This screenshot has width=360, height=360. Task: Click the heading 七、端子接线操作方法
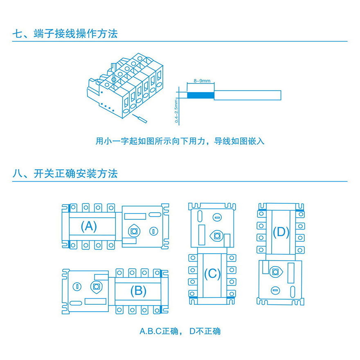65,33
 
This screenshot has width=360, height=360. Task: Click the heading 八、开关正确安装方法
65,173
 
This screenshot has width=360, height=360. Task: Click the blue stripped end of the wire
200,95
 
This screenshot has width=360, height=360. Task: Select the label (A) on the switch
89,226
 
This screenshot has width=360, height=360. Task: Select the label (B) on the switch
138,290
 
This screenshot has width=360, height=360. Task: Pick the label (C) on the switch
212,273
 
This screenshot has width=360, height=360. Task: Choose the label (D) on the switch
281,232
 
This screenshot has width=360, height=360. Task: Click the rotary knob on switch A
134,231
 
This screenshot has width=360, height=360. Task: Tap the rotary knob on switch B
97,286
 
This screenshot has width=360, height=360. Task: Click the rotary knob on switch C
217,236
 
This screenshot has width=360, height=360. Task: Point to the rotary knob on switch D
277,272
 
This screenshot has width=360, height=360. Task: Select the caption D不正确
205,331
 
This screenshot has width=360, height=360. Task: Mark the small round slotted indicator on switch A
153,231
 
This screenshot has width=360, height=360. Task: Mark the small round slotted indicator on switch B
76,286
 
